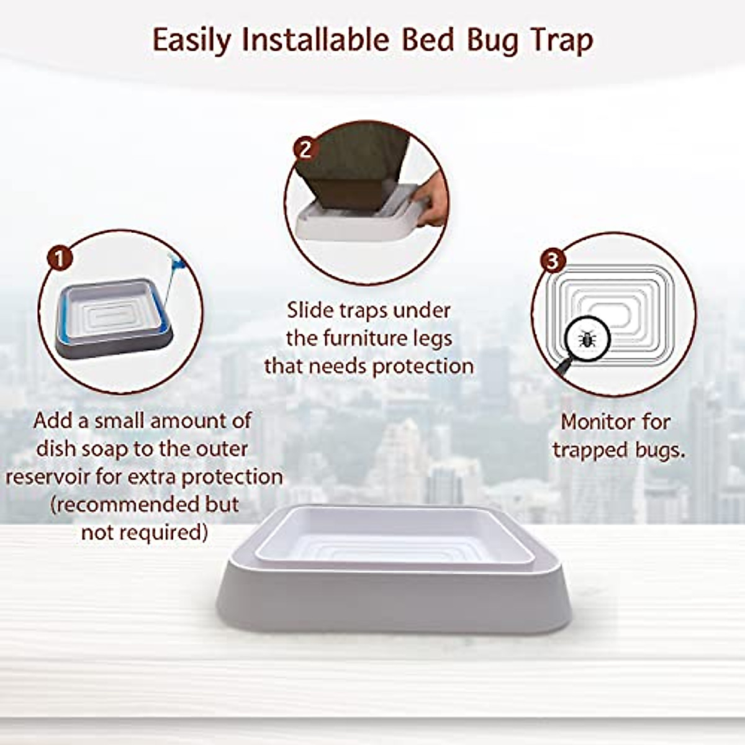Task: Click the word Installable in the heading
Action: pyautogui.click(x=315, y=41)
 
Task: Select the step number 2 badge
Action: pyautogui.click(x=305, y=149)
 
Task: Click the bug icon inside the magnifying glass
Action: pyautogui.click(x=585, y=339)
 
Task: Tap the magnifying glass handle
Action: pyautogui.click(x=562, y=367)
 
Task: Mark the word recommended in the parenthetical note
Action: pyautogui.click(x=129, y=504)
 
